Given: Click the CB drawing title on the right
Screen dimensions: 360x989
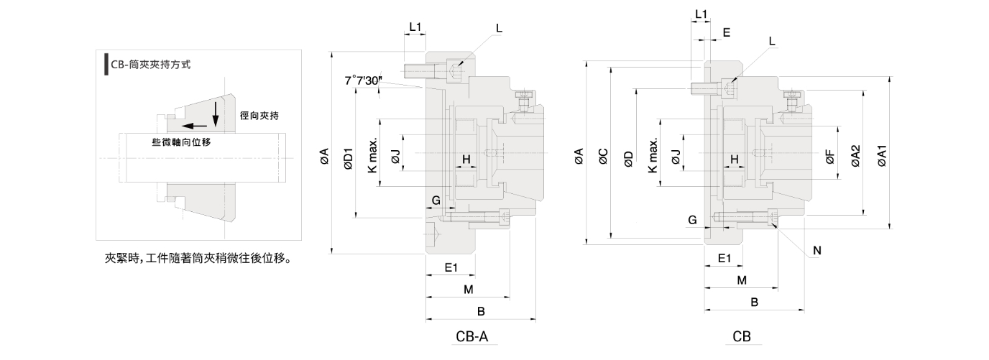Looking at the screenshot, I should (x=742, y=336).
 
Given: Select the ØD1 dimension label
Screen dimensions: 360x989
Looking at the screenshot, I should (x=348, y=159).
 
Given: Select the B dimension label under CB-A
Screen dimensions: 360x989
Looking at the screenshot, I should (x=482, y=311).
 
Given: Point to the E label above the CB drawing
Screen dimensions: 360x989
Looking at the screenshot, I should (x=727, y=33).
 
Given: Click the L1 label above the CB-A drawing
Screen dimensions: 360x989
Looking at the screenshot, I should (x=415, y=27).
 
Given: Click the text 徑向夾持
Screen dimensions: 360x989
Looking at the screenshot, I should (x=259, y=115).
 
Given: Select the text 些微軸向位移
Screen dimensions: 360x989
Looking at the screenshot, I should (x=181, y=142).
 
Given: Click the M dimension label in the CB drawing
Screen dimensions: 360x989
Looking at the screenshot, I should (x=742, y=279).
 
